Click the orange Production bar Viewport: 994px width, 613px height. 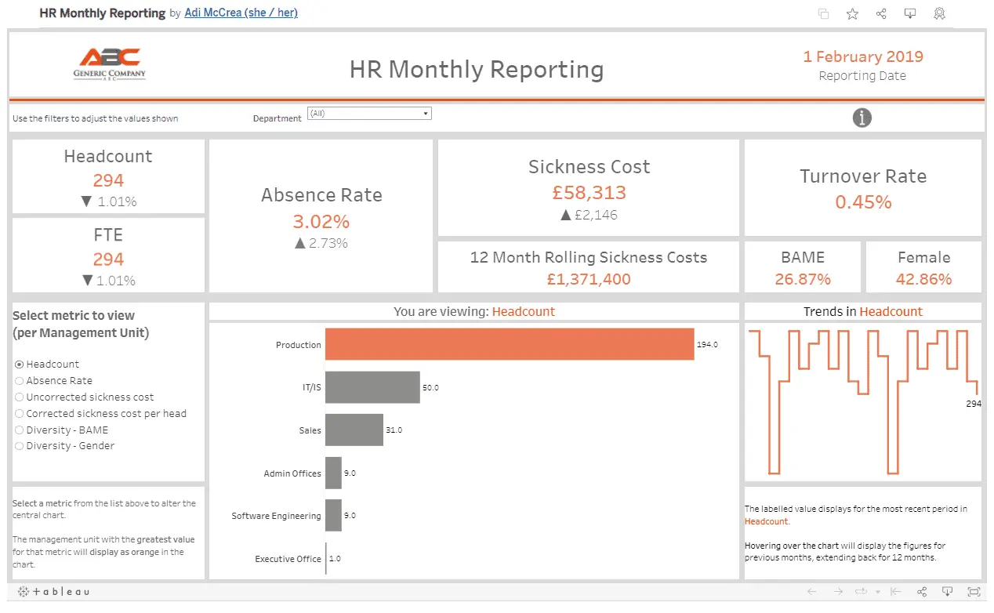(510, 344)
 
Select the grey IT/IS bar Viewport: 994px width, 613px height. (372, 387)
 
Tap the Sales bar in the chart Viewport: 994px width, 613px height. (354, 430)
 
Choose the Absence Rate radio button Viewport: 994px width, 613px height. (20, 381)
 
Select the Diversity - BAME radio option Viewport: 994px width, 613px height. (20, 430)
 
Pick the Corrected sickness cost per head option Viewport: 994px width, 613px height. (20, 414)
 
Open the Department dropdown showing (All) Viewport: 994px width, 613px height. (369, 114)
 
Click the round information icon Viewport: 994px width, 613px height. (862, 118)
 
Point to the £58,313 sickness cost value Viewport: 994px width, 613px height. (588, 193)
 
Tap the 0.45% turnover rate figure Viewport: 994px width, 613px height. (863, 202)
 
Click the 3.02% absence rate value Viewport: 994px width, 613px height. (321, 221)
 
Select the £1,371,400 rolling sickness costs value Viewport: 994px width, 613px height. (588, 279)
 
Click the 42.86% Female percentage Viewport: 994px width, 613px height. (923, 279)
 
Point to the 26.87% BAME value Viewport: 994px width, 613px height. (803, 279)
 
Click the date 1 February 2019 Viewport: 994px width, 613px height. (862, 56)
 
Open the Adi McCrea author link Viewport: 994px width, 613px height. (241, 13)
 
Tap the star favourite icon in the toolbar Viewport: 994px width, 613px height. (852, 13)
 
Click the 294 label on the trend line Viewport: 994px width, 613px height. (973, 404)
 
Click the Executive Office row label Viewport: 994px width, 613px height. (288, 559)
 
